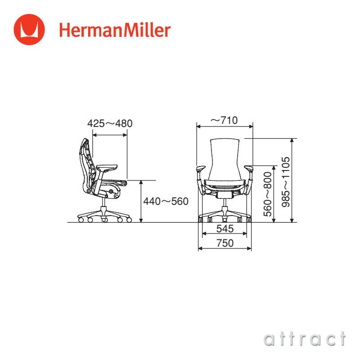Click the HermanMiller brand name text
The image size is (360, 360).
pyautogui.click(x=115, y=30)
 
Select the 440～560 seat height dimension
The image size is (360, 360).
pyautogui.click(x=166, y=202)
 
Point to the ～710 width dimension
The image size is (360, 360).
pyautogui.click(x=224, y=120)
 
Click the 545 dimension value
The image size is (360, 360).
pyautogui.click(x=225, y=229)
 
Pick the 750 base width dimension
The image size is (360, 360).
pyautogui.click(x=225, y=243)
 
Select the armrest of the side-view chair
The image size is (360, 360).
pyautogui.click(x=106, y=167)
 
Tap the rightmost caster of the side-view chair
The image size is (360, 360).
pyautogui.click(x=129, y=220)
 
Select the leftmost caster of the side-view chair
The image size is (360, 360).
pyautogui.click(x=81, y=220)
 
